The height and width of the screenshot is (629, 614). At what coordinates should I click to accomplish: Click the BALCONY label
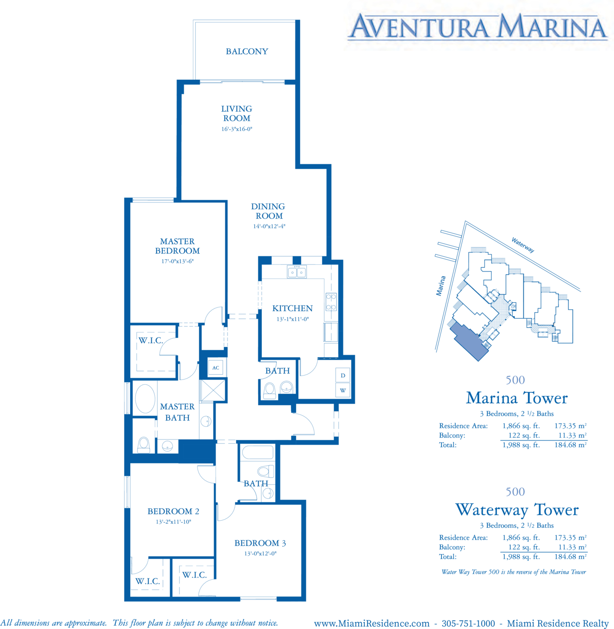coord(247,52)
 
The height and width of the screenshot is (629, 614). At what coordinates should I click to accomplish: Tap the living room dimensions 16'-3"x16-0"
coord(237,129)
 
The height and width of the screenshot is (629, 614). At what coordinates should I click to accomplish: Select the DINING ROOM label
coord(269,211)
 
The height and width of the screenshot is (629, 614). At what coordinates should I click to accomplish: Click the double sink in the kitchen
coord(297,272)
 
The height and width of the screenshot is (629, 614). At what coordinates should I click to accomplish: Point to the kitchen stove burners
coord(331,302)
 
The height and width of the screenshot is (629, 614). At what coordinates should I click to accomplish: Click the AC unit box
coord(216,367)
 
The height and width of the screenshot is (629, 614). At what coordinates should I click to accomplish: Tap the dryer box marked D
coord(343,375)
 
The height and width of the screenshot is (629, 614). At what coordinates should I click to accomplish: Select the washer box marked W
coord(343,390)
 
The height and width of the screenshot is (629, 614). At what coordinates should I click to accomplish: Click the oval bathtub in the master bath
coord(145,398)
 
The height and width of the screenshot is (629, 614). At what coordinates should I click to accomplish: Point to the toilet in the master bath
coord(144,445)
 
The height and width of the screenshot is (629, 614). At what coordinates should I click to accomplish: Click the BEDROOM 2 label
coord(173,511)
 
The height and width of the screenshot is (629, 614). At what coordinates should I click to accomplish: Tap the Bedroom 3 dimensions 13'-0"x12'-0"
coord(260,554)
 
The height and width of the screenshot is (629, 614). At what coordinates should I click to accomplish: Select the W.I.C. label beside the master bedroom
coord(151,340)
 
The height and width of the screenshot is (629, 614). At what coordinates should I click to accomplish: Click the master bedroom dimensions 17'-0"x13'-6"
coord(177,261)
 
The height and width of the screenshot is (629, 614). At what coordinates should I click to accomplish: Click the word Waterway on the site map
coord(522,245)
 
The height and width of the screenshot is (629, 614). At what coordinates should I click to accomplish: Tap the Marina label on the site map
coord(441,286)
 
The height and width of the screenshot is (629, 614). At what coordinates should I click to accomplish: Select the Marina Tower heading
coord(516,398)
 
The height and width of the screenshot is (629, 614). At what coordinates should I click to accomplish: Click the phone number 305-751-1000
coord(468,623)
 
